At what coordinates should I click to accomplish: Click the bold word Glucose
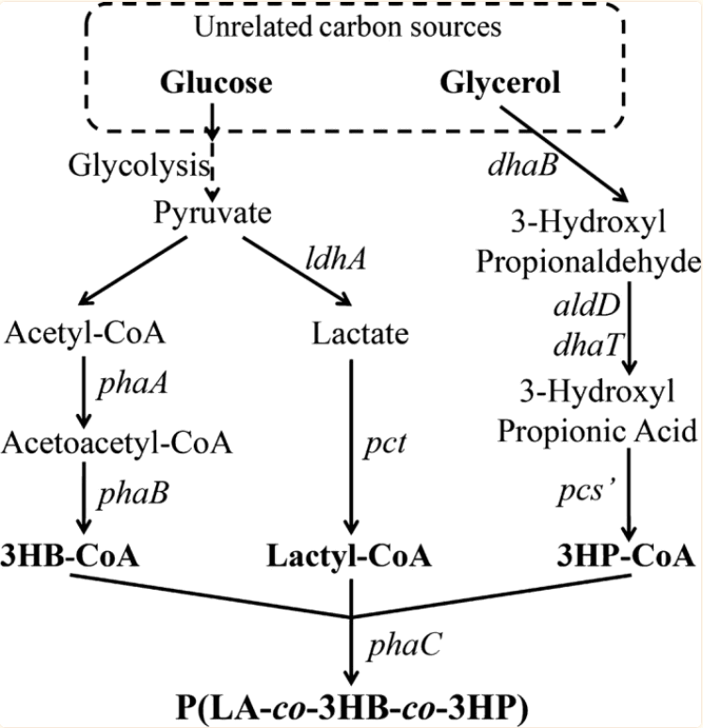click(x=216, y=84)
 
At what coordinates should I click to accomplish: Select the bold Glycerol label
click(x=500, y=84)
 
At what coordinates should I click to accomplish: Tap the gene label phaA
click(x=134, y=386)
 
